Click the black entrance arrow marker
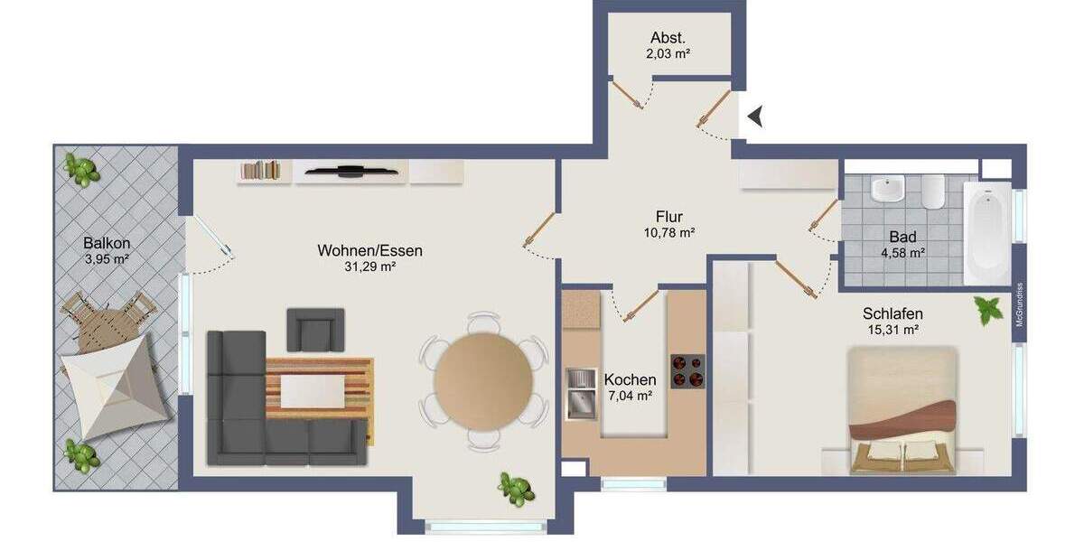pos(756,116)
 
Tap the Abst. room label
pos(668,38)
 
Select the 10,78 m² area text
pos(668,233)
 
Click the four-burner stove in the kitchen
pos(687,371)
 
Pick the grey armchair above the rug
pos(315,329)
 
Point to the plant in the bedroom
pos(989,310)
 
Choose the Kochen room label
pos(630,379)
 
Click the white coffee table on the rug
pos(312,391)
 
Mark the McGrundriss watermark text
pos(1019,313)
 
